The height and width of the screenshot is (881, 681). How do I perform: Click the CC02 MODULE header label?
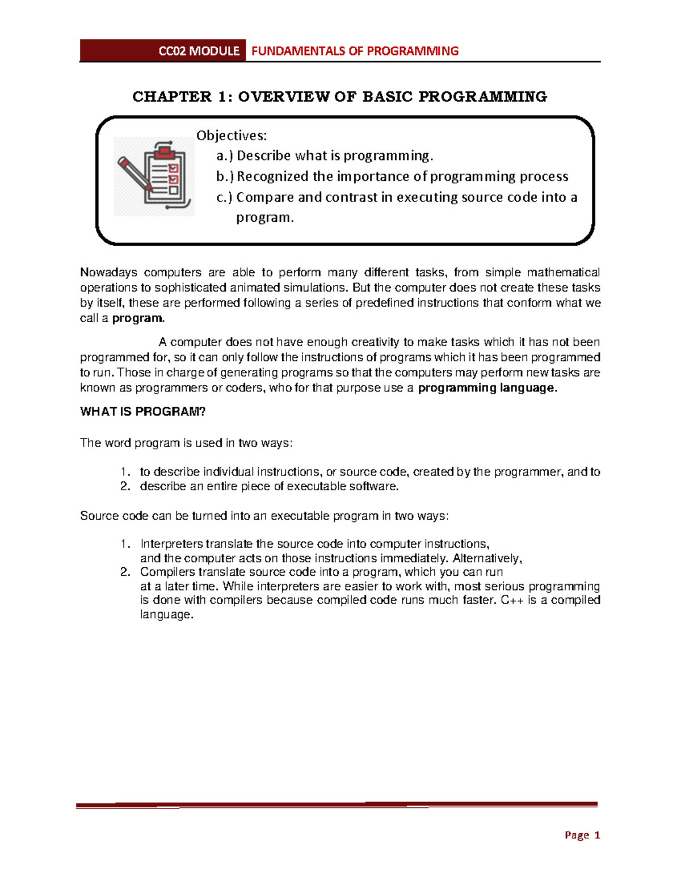click(199, 51)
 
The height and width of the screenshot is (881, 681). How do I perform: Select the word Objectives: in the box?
click(231, 136)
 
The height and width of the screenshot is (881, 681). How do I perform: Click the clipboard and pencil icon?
click(154, 176)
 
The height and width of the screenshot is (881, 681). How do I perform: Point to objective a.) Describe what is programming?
click(325, 155)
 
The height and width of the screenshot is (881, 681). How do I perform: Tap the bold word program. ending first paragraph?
click(138, 318)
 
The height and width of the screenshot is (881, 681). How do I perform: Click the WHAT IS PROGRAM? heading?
click(142, 412)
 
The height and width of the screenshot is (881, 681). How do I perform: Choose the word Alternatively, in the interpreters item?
click(487, 558)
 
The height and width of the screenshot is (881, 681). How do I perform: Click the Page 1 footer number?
click(582, 835)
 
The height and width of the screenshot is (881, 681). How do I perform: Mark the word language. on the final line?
click(167, 614)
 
